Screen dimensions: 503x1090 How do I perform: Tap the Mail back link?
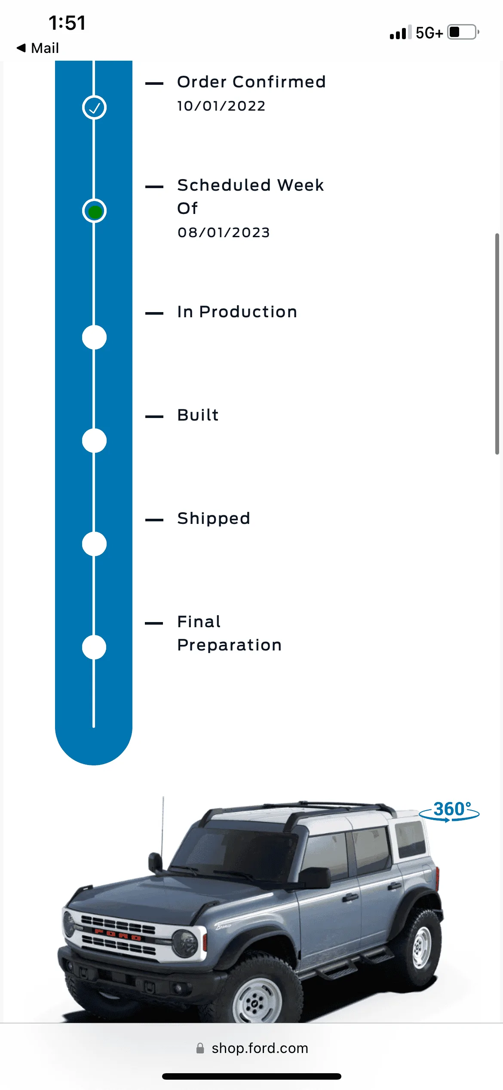(x=37, y=48)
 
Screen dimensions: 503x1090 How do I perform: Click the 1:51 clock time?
(x=67, y=23)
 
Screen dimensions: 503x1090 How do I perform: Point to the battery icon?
(x=463, y=32)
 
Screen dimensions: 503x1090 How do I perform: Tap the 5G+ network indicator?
(x=429, y=33)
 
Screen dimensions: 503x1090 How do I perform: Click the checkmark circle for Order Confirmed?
(x=94, y=107)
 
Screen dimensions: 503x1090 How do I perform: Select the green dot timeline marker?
(x=94, y=211)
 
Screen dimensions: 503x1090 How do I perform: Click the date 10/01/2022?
(x=221, y=106)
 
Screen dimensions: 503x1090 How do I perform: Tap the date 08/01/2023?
(x=224, y=232)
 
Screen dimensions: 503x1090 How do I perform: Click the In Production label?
(x=237, y=312)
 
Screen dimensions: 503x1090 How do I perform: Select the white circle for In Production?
(x=94, y=337)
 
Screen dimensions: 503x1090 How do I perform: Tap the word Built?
(x=198, y=415)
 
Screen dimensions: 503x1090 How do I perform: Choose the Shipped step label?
(x=214, y=519)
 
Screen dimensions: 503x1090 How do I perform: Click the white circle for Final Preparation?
(x=94, y=647)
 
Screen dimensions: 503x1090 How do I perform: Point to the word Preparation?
(x=230, y=645)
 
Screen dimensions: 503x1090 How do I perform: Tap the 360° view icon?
(x=449, y=811)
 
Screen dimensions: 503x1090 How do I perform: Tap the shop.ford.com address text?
(x=260, y=1048)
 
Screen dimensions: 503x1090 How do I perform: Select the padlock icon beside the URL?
(x=200, y=1048)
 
